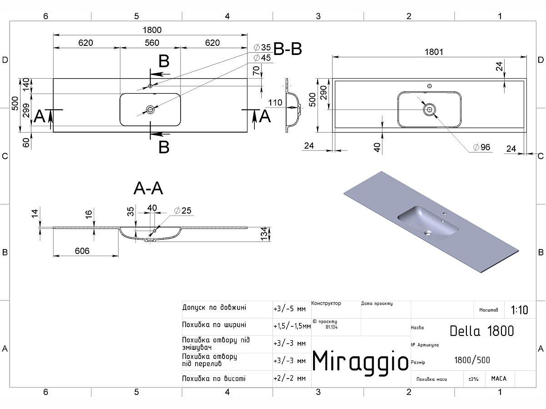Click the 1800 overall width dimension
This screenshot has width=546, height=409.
(152, 30)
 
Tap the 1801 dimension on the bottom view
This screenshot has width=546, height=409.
(434, 52)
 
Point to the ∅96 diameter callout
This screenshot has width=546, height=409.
(481, 147)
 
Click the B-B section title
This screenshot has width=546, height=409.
(288, 49)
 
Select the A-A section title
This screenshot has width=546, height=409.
(148, 188)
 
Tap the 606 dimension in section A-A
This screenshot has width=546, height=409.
(82, 251)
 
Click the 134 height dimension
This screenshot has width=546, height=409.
(264, 235)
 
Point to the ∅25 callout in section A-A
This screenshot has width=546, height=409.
(183, 210)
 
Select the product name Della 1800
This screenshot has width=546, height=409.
(482, 331)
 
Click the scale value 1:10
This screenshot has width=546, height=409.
(519, 310)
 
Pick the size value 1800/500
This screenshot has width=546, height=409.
(472, 360)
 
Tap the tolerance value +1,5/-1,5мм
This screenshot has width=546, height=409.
(292, 326)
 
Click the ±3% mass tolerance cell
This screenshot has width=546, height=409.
(474, 379)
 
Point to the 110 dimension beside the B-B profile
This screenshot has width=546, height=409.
(275, 103)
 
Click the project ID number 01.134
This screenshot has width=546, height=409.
(332, 327)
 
